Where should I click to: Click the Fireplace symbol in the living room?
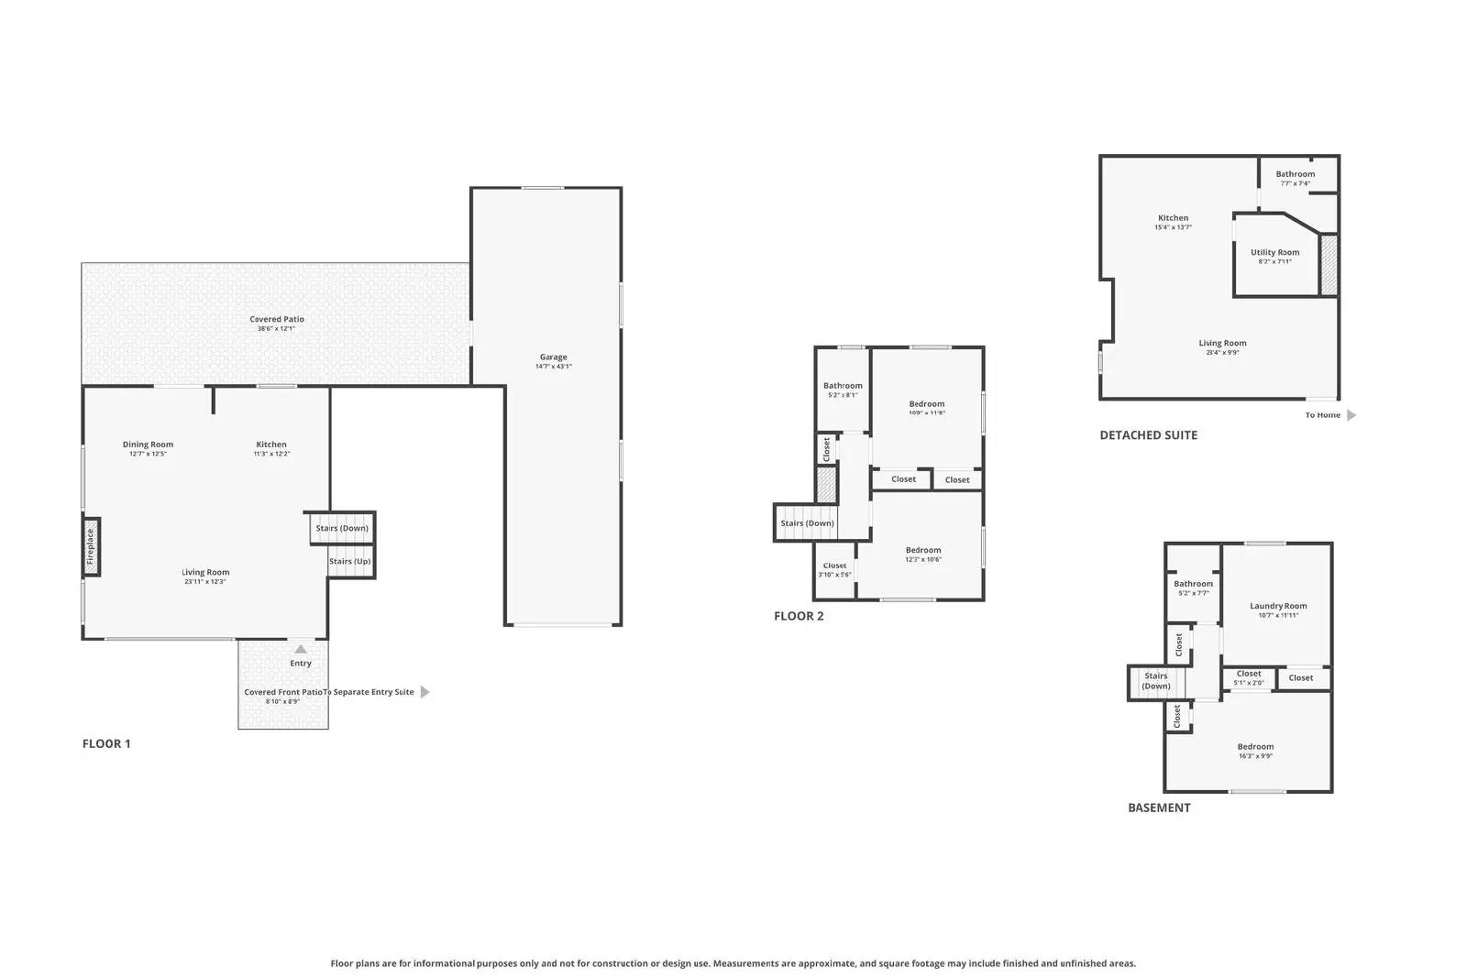pos(91,547)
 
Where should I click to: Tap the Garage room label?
pos(553,357)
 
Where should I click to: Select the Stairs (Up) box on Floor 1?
pos(350,561)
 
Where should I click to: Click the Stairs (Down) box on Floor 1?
pos(341,528)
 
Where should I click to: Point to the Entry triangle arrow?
pos(301,649)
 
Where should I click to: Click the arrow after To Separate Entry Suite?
pos(425,692)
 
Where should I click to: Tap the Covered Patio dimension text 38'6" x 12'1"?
pos(276,328)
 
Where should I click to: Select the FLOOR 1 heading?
pos(106,743)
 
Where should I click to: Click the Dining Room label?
pos(148,445)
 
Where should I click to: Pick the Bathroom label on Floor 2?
pos(843,386)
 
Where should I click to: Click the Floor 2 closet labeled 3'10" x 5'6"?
pos(834,570)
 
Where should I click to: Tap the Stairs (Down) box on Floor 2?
pos(807,523)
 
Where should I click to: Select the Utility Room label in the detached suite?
pos(1274,253)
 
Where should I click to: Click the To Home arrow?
pos(1351,415)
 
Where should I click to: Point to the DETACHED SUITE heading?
pos(1148,435)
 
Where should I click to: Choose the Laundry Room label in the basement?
pos(1278,606)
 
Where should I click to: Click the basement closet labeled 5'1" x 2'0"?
pos(1249,677)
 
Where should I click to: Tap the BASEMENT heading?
pos(1159,808)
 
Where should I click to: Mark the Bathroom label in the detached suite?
pos(1295,174)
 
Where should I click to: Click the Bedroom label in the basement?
pos(1255,747)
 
